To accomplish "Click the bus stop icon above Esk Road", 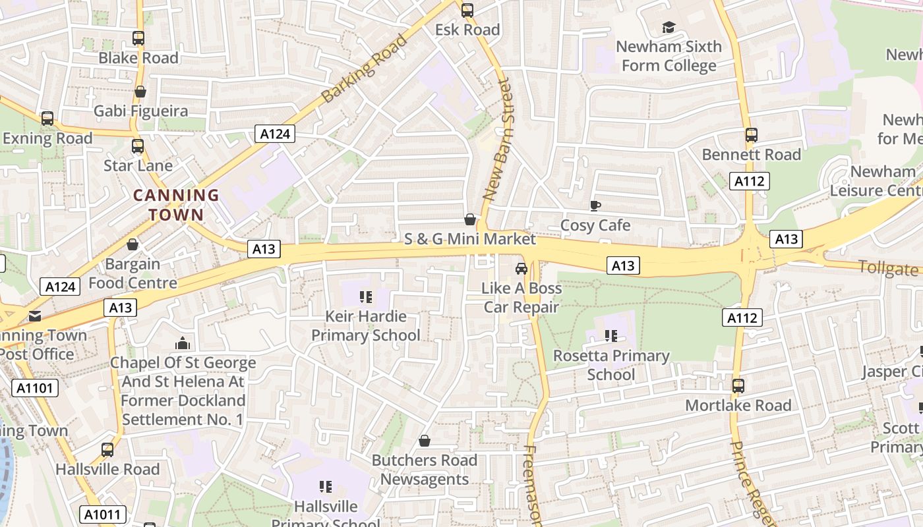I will [x=467, y=10].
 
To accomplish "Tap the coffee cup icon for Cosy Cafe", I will [x=595, y=206].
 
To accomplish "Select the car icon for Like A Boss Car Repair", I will [x=521, y=269].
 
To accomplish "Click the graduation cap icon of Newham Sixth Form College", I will [x=669, y=27].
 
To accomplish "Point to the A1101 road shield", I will [x=35, y=388].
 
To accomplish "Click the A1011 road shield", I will [x=102, y=514].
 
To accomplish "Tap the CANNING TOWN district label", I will [x=176, y=205].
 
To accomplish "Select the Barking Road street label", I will [x=365, y=69].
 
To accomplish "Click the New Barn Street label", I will [x=498, y=140].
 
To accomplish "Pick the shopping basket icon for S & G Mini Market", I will [x=470, y=219].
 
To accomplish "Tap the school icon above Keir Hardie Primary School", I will [x=365, y=297].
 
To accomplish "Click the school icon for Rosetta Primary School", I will [x=611, y=336].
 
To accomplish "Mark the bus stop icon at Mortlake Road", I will [x=738, y=386].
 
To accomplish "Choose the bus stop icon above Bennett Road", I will [x=751, y=135].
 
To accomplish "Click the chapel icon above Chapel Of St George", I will [x=183, y=343].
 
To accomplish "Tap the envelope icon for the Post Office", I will [x=35, y=316].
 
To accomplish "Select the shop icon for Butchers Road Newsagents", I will [x=425, y=441].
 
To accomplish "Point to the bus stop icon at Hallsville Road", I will [x=107, y=450].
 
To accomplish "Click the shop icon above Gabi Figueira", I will [x=140, y=92].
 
